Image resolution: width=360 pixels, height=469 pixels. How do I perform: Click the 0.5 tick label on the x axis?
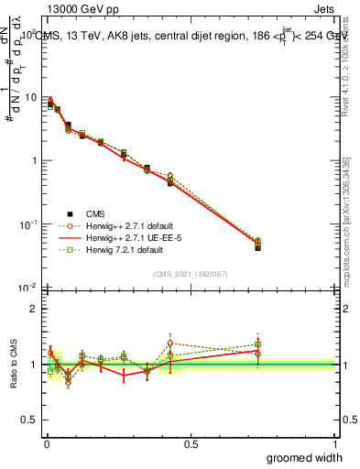coord(191,444)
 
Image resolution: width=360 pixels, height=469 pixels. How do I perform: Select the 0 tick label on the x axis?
coord(45,444)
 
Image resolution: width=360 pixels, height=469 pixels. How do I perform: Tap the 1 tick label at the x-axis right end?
coord(335,444)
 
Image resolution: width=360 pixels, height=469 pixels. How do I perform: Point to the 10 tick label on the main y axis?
coord(29,97)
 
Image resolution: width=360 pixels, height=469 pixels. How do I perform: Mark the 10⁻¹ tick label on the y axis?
coord(27,224)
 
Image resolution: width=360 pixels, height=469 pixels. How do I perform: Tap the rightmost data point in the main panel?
coord(257,245)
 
